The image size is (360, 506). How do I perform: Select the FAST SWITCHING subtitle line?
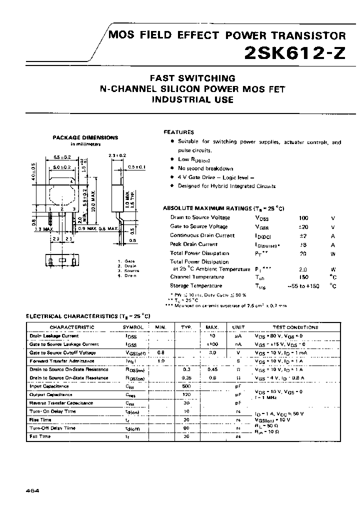(193, 78)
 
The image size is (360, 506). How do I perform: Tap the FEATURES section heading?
(179, 132)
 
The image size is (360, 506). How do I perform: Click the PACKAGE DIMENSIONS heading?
(85, 137)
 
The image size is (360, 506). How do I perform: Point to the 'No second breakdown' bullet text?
(205, 168)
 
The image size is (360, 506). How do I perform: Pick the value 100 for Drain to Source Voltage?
(303, 218)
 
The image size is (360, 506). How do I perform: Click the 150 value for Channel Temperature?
(303, 277)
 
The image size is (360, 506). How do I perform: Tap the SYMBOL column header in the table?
(133, 327)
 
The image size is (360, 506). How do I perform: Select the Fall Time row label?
(40, 436)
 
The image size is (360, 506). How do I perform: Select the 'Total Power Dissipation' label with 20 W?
(199, 253)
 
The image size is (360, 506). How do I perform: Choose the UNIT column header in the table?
(238, 327)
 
